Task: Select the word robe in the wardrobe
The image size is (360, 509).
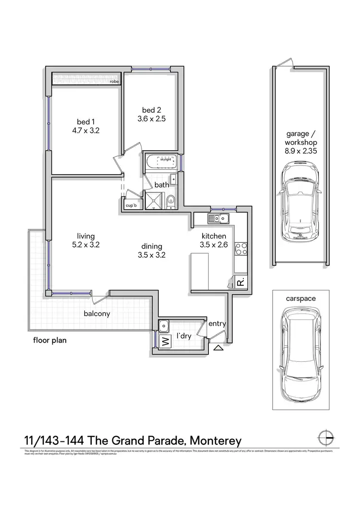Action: point(114,82)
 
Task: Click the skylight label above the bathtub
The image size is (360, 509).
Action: point(166,160)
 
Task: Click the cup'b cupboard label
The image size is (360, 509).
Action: point(131,205)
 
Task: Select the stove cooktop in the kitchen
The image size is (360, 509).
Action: point(241,249)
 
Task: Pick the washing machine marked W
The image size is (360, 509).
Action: point(165,342)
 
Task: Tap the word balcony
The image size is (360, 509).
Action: point(96,314)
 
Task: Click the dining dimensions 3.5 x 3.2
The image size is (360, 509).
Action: point(152,255)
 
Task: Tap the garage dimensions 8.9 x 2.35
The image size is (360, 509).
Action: point(300,151)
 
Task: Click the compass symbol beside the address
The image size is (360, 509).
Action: point(326,438)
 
